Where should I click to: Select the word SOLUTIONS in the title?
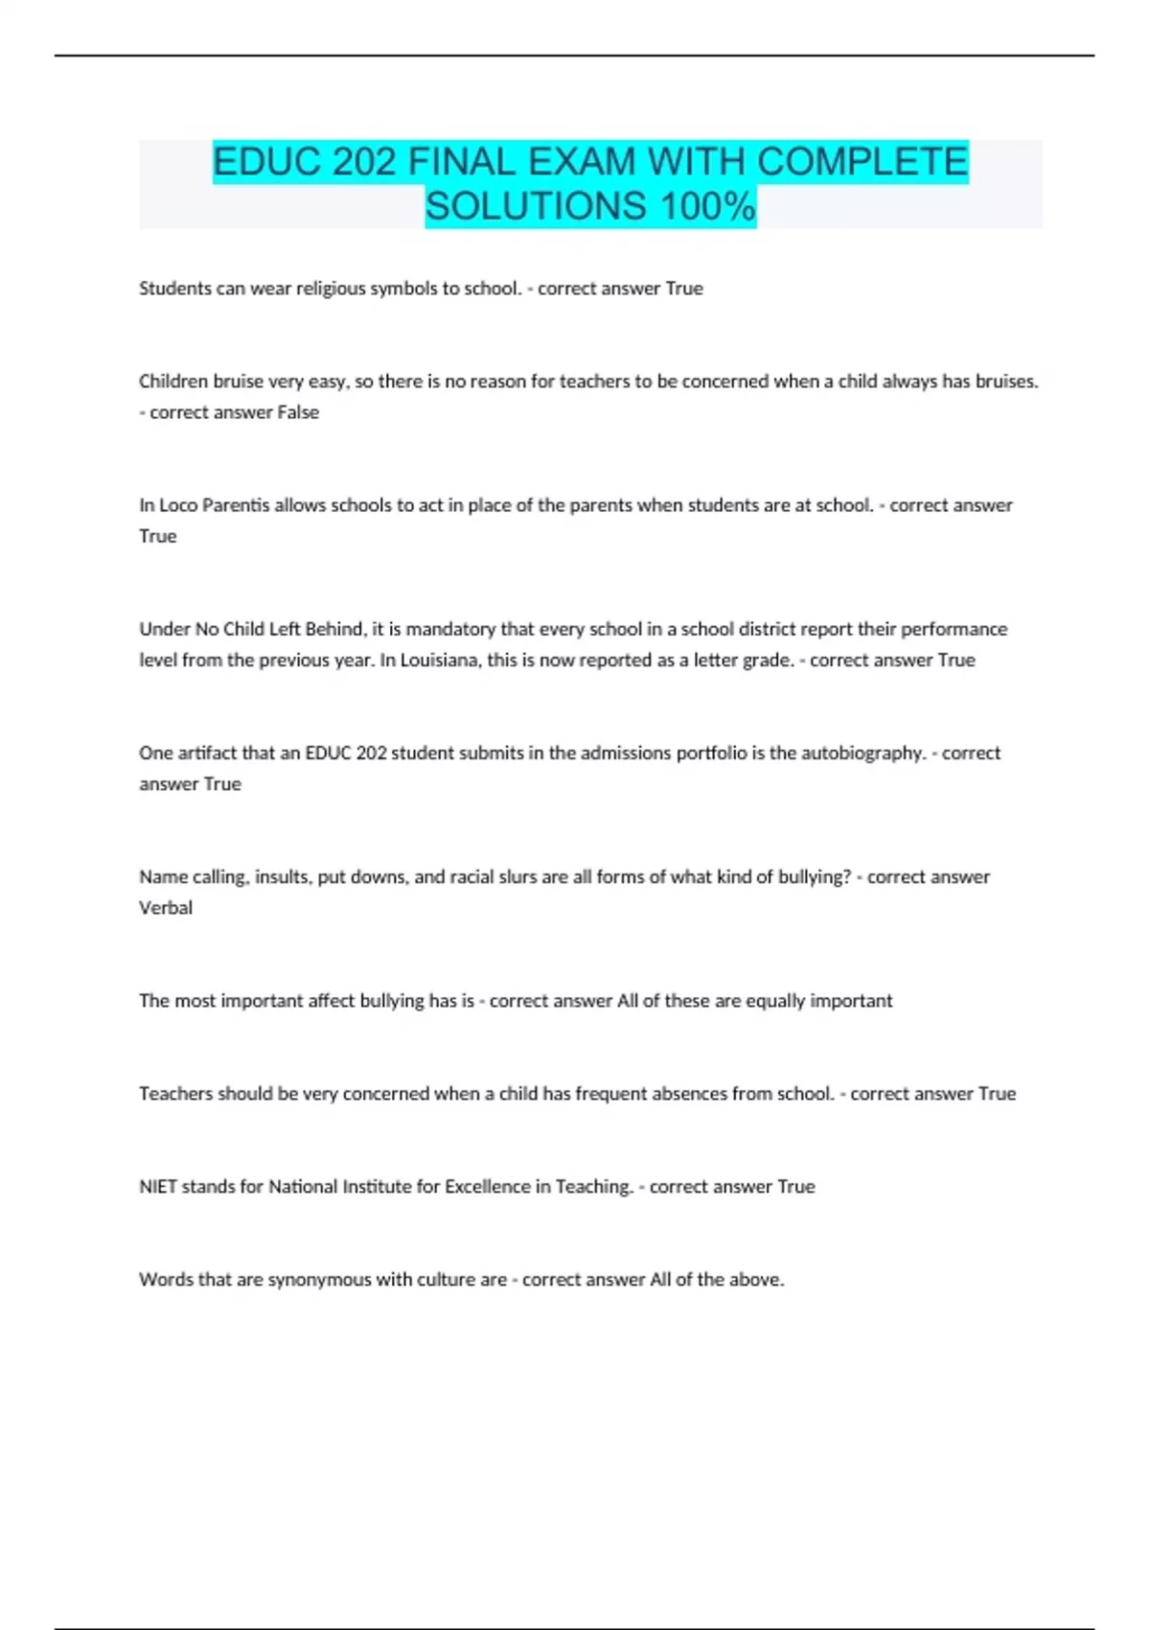pyautogui.click(x=536, y=206)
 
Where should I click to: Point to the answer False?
pyautogui.click(x=298, y=412)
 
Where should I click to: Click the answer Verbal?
pyautogui.click(x=166, y=908)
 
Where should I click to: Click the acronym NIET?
pyautogui.click(x=158, y=1187)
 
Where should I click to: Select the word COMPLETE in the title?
pyautogui.click(x=862, y=161)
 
